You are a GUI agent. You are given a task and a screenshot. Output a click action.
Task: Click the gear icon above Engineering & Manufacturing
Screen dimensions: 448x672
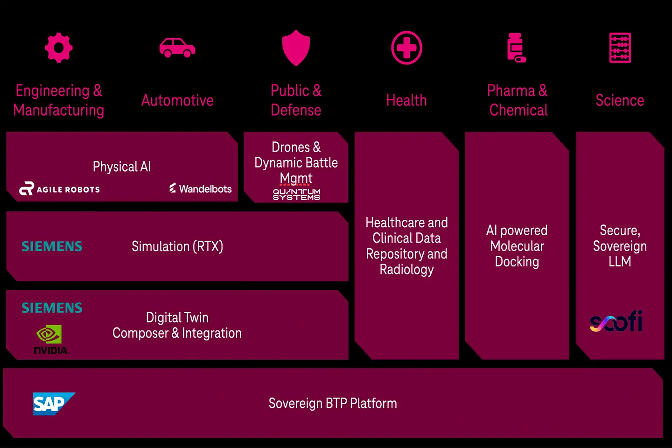(59, 48)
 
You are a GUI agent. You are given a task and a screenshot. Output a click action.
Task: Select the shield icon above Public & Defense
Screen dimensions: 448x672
(296, 48)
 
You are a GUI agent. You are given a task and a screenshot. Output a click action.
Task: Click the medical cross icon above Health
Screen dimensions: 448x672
(406, 48)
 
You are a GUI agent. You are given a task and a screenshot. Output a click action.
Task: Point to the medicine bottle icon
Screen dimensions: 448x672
(516, 48)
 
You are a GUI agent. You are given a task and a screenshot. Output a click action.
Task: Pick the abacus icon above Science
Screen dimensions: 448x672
(620, 48)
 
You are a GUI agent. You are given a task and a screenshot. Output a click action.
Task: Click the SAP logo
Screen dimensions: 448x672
(53, 404)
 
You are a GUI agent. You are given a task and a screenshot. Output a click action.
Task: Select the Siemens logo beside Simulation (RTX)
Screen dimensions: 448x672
(52, 246)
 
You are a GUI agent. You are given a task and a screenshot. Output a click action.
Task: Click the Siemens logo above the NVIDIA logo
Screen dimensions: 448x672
(52, 308)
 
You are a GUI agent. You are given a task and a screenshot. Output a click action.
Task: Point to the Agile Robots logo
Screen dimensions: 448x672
(59, 189)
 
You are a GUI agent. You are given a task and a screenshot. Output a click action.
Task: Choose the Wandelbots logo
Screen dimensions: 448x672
(201, 189)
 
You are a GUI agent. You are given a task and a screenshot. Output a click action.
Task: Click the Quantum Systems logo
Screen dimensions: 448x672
(296, 194)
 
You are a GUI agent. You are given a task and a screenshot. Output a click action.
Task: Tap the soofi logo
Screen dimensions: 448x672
(616, 322)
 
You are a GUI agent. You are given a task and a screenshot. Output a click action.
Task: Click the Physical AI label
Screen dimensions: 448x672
(122, 167)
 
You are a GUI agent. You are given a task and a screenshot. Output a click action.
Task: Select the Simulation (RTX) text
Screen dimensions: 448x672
(177, 246)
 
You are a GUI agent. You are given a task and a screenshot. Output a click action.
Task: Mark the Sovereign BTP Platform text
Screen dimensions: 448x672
(333, 403)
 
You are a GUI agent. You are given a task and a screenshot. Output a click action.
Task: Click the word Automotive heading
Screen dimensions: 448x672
(177, 100)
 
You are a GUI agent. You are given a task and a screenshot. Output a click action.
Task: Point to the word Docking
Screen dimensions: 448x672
(517, 262)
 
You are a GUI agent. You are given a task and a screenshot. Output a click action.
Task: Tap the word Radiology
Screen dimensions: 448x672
(406, 270)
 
